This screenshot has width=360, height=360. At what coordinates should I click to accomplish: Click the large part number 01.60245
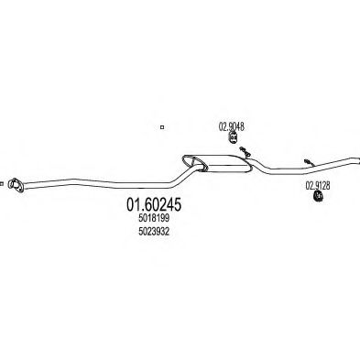coord(154,204)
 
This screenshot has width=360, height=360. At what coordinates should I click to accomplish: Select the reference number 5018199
coord(154,219)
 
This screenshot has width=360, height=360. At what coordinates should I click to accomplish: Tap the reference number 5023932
coord(154,232)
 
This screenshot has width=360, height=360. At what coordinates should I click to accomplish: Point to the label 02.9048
coord(232,126)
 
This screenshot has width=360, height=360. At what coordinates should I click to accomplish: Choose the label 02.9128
coord(318,185)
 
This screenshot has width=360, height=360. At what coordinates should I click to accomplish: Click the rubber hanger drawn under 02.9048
coord(233,137)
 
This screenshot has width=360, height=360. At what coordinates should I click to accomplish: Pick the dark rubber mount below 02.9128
coord(318,196)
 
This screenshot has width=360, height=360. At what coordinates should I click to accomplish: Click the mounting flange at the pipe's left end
coord(16,185)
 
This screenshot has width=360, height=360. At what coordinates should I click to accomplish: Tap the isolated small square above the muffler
coord(162,127)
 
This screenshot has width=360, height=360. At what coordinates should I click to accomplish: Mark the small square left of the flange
coord(2,184)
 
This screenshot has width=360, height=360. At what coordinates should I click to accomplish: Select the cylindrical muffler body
coord(226,164)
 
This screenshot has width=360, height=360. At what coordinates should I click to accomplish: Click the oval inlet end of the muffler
coord(195,163)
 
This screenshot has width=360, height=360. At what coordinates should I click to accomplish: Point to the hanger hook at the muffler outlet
coord(245,152)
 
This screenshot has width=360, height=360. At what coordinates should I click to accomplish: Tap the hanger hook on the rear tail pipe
coord(309,162)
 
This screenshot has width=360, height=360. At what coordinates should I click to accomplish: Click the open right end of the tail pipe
coord(358,160)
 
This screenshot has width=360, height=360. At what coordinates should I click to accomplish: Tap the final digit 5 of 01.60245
coord(177,204)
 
